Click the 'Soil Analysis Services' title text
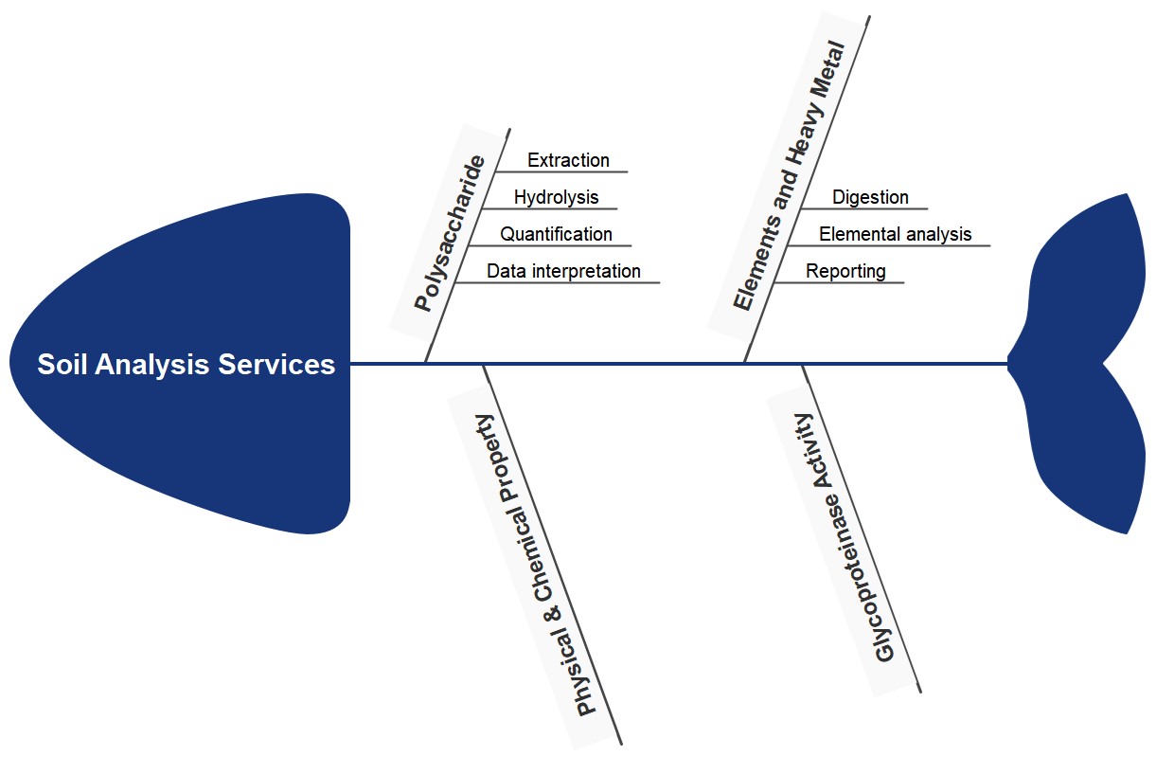pyautogui.click(x=187, y=365)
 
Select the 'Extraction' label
pyautogui.click(x=568, y=160)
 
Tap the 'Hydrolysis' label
pyautogui.click(x=556, y=197)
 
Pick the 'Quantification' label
pyautogui.click(x=556, y=234)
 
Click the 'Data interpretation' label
pyautogui.click(x=563, y=271)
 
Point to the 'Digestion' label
pyautogui.click(x=870, y=197)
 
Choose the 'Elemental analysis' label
pyautogui.click(x=895, y=234)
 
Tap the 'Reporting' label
pyautogui.click(x=845, y=271)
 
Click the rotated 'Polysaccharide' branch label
pyautogui.click(x=451, y=233)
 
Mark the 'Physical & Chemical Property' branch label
pyautogui.click(x=535, y=563)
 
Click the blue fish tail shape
pyautogui.click(x=1084, y=364)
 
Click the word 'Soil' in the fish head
pyautogui.click(x=60, y=365)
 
